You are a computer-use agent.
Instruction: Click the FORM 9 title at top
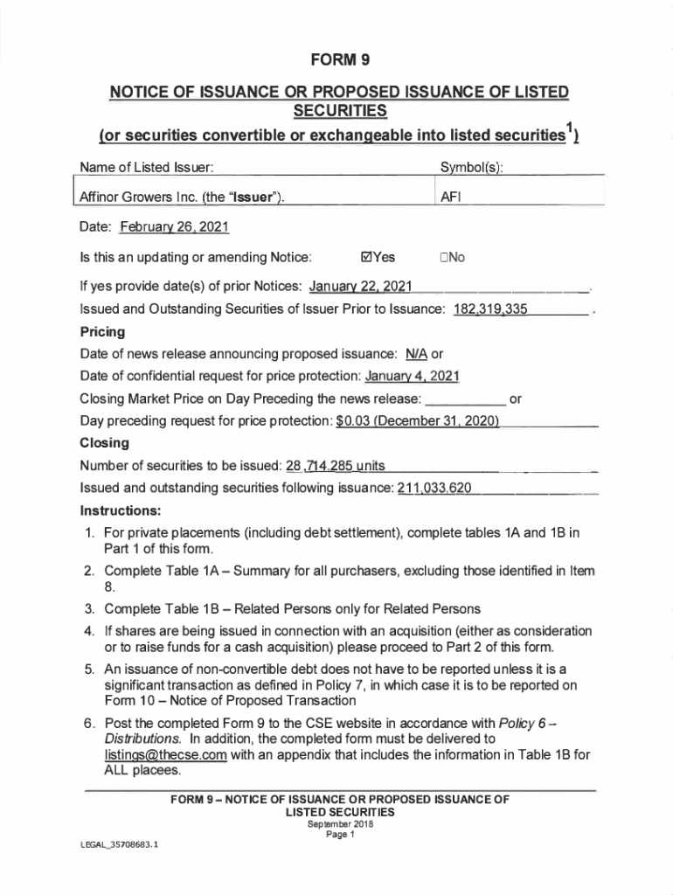pos(336,61)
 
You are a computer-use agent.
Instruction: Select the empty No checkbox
pos(445,257)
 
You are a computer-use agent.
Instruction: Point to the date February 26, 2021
pos(174,227)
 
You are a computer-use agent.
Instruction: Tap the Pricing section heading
pos(102,332)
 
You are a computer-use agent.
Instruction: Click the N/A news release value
pos(417,354)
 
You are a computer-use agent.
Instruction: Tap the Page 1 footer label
pos(337,834)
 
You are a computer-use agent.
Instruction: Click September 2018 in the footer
pos(337,823)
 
